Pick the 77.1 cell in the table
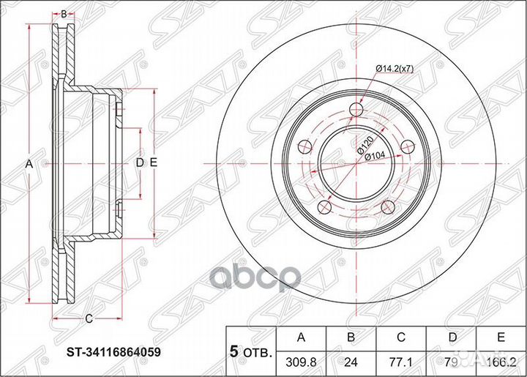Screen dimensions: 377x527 click(x=401, y=360)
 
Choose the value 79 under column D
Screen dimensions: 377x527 click(x=452, y=360)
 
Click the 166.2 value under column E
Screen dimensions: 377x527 click(x=502, y=360)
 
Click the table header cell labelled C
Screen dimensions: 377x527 click(x=401, y=337)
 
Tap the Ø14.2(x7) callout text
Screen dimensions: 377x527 click(x=396, y=68)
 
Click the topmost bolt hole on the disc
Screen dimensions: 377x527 click(x=356, y=111)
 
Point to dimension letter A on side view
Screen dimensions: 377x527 click(x=30, y=164)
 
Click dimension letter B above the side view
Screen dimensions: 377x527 click(x=64, y=14)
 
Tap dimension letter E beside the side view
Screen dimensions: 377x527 click(x=153, y=163)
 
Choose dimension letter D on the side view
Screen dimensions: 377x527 click(x=139, y=163)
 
